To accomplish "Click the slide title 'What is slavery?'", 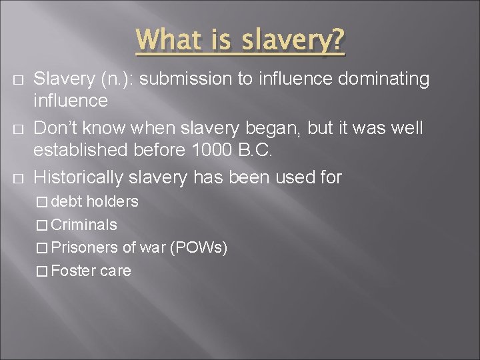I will click(241, 41).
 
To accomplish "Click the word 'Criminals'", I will click(84, 225).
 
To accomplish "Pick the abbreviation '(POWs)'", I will click(199, 248).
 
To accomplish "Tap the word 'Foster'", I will click(73, 271).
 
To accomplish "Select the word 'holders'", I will click(112, 201).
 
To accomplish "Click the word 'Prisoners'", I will click(85, 248).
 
